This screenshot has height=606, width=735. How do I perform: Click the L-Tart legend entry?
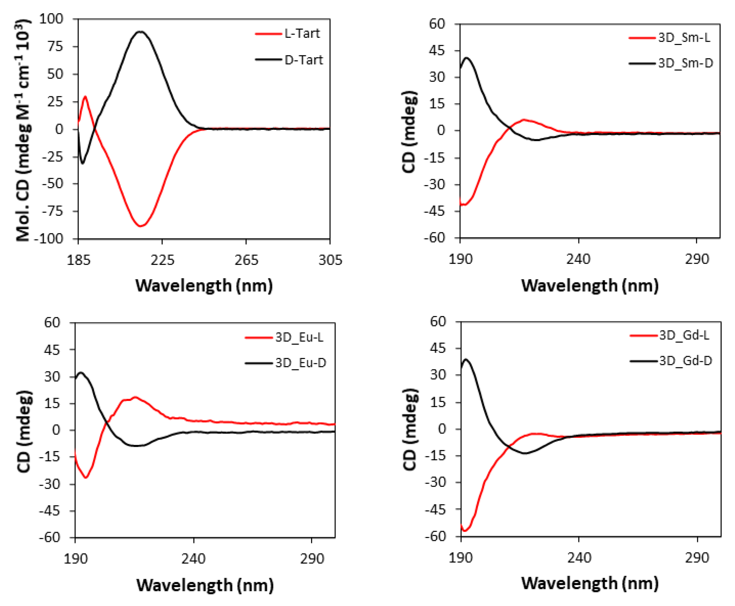tap(302, 34)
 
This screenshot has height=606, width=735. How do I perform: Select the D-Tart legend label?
tap(304, 60)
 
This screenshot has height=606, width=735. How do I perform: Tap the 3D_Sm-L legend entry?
tap(684, 37)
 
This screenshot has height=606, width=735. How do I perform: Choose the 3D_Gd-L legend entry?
tap(684, 335)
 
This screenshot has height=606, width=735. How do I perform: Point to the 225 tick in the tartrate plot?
tap(162, 260)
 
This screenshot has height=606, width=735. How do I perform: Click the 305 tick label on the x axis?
tap(330, 260)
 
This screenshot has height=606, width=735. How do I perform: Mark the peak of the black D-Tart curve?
tap(140, 32)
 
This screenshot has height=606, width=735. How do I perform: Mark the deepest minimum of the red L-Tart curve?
tap(141, 226)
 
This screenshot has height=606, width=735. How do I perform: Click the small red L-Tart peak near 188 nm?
tap(85, 97)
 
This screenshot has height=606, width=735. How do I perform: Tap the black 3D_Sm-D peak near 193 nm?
tap(467, 58)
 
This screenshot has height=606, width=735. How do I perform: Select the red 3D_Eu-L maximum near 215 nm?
tap(135, 397)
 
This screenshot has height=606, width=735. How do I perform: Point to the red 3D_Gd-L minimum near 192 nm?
tap(465, 531)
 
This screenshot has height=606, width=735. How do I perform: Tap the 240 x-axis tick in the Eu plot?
tap(193, 559)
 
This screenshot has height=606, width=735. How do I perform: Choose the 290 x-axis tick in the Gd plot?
tap(697, 558)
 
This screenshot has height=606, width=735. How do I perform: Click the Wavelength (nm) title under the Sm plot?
tap(590, 285)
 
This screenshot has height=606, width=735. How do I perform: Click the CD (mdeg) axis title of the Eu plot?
tap(24, 432)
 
